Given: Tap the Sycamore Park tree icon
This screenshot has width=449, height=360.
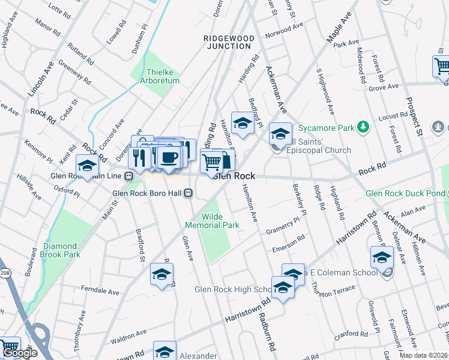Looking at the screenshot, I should pyautogui.click(x=362, y=127).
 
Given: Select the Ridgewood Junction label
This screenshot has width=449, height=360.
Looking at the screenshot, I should pyautogui.click(x=229, y=42).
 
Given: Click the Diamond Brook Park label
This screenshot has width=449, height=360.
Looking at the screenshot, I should pyautogui.click(x=60, y=250).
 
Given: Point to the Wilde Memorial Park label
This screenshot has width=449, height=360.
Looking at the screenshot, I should pyautogui.click(x=212, y=221).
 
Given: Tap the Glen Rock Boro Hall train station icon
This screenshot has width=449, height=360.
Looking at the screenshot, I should pyautogui.click(x=188, y=193).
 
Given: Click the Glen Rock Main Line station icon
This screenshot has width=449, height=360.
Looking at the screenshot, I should pyautogui.click(x=128, y=176).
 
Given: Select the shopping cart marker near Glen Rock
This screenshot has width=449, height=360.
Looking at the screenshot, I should pyautogui.click(x=211, y=161).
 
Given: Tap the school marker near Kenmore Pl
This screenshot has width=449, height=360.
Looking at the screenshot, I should pyautogui.click(x=87, y=166).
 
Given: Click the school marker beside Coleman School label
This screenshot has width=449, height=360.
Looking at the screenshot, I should pyautogui.click(x=382, y=258).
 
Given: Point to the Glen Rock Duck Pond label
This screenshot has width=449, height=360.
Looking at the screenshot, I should pyautogui.click(x=405, y=193).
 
